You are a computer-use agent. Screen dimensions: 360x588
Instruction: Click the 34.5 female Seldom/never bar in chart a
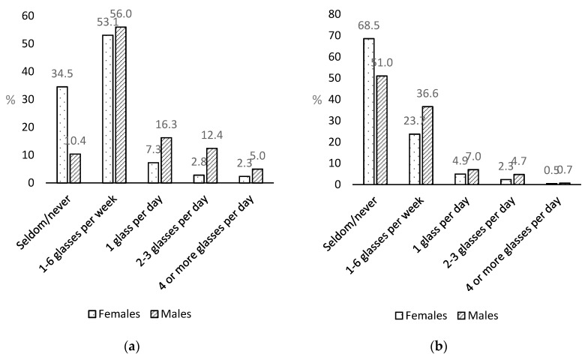[62, 135]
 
